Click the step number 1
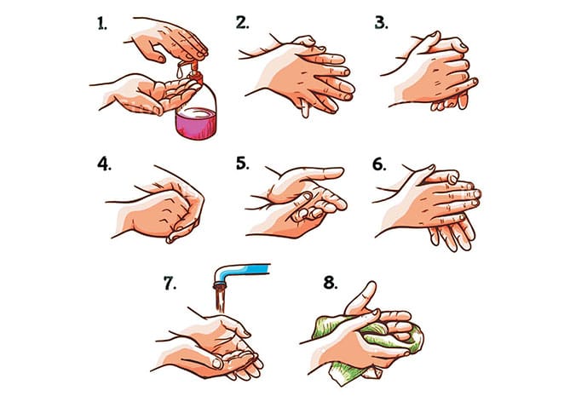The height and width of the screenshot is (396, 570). coord(102,24)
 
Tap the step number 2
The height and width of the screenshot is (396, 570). coord(243,22)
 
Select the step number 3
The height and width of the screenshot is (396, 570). coord(382,22)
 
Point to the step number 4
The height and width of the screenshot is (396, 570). coord(104,164)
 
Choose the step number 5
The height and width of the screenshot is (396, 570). coord(243,164)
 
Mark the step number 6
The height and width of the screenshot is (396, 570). coord(379,164)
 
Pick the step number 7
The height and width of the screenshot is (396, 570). coord(170,283)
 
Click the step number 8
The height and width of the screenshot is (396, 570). coord(331,283)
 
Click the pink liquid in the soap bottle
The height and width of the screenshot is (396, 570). coord(196,123)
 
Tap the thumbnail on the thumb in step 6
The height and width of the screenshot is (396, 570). coord(453,179)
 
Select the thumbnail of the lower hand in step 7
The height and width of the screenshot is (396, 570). coord(217,364)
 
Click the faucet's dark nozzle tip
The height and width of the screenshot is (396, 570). coord(220,284)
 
